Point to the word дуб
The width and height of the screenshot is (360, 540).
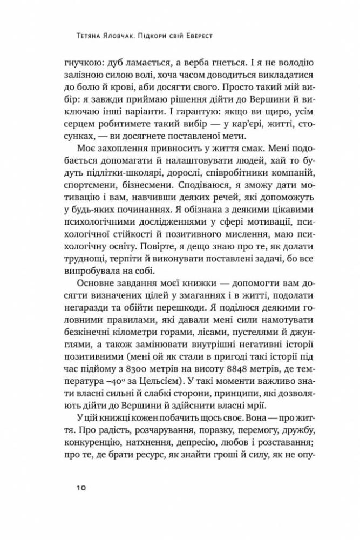115,63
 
